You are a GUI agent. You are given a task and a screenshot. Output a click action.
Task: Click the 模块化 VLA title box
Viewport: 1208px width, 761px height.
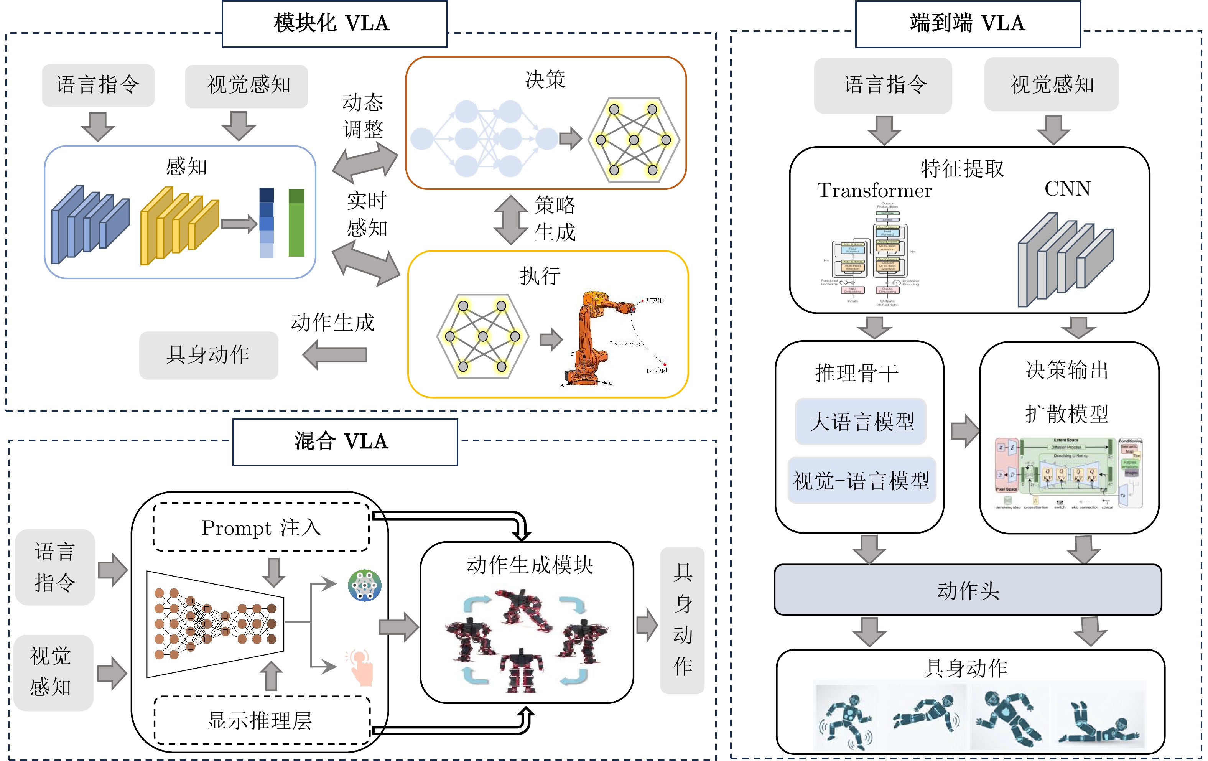pyautogui.click(x=334, y=23)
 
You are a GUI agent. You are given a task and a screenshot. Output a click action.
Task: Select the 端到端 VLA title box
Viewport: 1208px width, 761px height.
pyautogui.click(x=968, y=23)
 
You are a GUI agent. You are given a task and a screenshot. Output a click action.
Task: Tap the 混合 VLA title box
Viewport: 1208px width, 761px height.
pyautogui.click(x=345, y=442)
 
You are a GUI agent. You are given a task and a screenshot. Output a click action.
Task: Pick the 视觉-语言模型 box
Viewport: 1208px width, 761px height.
pyautogui.click(x=861, y=481)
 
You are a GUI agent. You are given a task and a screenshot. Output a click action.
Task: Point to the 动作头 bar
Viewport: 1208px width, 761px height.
pyautogui.click(x=968, y=590)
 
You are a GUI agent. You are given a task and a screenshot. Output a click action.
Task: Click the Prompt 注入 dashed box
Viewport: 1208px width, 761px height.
pyautogui.click(x=261, y=527)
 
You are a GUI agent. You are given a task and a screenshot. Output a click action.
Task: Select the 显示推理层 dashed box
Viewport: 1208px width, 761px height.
pyautogui.click(x=261, y=720)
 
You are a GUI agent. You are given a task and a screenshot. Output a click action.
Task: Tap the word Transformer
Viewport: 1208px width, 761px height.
pyautogui.click(x=874, y=191)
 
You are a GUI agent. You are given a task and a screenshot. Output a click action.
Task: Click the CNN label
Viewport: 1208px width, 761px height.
pyautogui.click(x=1067, y=189)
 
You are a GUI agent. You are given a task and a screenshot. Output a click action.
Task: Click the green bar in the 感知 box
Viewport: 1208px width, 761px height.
pyautogui.click(x=296, y=223)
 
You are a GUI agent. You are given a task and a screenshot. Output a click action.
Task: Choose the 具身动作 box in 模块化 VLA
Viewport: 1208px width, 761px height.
pyautogui.click(x=208, y=355)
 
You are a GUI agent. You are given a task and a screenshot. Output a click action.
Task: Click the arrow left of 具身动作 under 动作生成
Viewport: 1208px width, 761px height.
pyautogui.click(x=335, y=355)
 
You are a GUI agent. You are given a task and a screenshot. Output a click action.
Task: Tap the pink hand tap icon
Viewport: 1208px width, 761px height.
pyautogui.click(x=360, y=667)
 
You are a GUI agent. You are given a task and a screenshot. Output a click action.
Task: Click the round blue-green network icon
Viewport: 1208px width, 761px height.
pyautogui.click(x=365, y=585)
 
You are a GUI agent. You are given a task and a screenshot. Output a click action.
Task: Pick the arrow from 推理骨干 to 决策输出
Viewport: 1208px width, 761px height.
pyautogui.click(x=964, y=430)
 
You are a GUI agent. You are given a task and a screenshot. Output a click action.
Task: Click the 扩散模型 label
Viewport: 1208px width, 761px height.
pyautogui.click(x=1066, y=414)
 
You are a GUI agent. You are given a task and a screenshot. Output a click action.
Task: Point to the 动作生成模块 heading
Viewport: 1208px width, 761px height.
pyautogui.click(x=530, y=565)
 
